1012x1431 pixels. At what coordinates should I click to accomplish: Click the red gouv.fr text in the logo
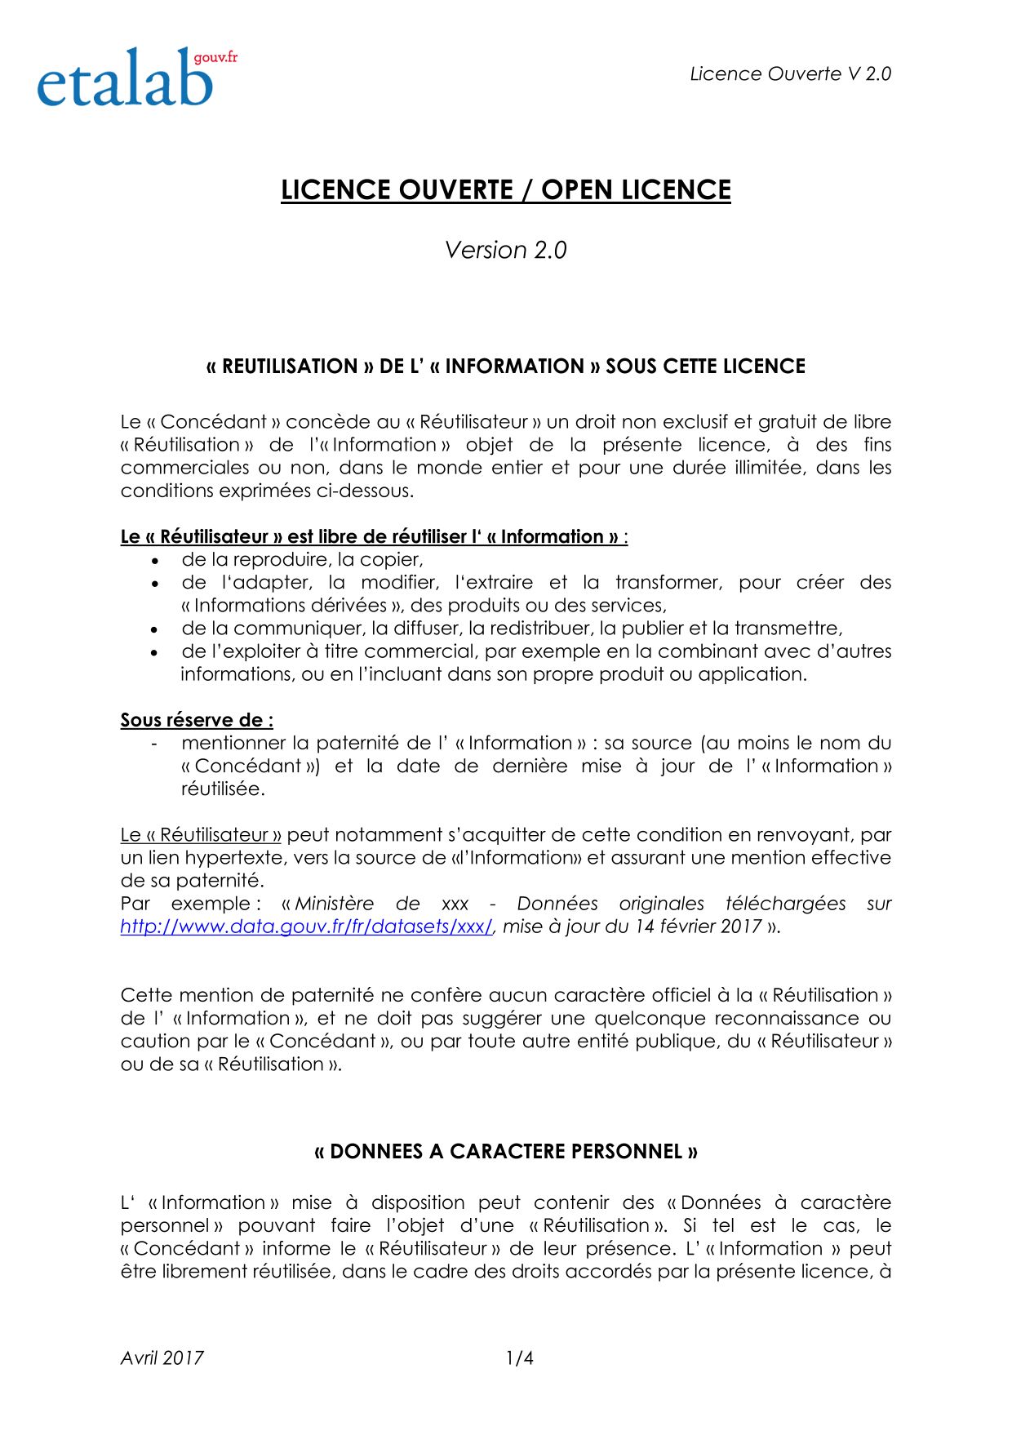point(215,57)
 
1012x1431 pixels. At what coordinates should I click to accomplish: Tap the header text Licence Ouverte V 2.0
point(790,73)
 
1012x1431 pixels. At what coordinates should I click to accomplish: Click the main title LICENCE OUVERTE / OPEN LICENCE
point(506,189)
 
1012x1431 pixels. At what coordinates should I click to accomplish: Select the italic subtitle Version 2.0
point(506,250)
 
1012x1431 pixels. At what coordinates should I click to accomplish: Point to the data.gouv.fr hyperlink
point(307,927)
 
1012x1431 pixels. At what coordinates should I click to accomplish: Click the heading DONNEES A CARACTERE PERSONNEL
point(506,1151)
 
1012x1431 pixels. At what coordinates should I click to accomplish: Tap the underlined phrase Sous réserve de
point(196,720)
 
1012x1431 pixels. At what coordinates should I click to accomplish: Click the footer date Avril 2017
point(162,1358)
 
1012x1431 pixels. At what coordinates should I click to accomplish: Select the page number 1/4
point(520,1358)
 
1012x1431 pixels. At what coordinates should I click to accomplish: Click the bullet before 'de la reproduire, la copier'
point(155,561)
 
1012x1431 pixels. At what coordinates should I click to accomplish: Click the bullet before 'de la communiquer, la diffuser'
point(155,629)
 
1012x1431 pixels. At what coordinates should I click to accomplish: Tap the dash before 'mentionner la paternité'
point(154,743)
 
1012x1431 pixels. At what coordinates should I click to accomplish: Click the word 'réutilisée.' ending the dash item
point(223,789)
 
